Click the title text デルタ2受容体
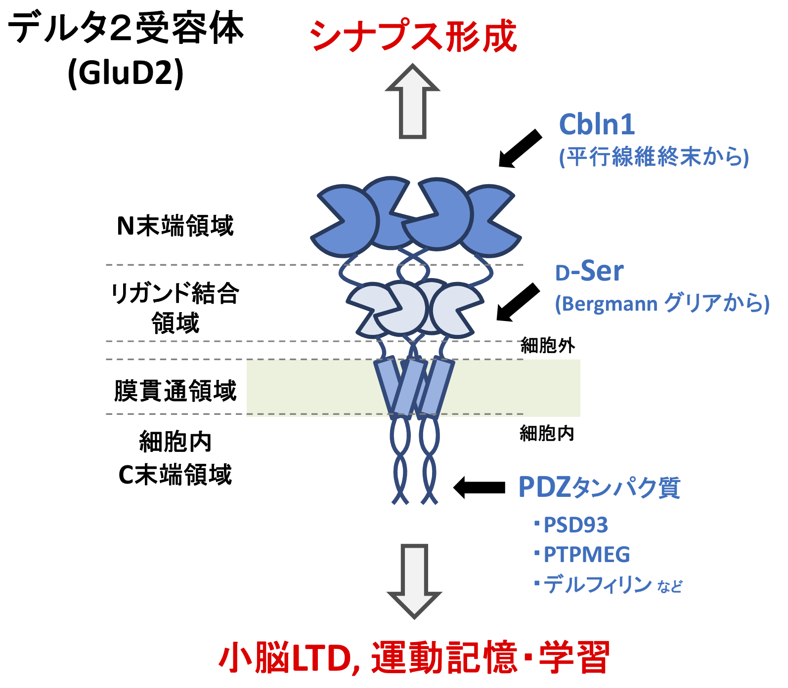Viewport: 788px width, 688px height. [x=126, y=29]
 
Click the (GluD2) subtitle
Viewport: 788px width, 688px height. [x=126, y=73]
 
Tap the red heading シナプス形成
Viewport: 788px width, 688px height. [x=413, y=36]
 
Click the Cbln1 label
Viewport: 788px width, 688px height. [x=597, y=124]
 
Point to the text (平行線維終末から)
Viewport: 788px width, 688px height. [x=654, y=157]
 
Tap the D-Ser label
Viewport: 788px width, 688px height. [x=589, y=271]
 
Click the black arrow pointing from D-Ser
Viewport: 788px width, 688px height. [x=518, y=302]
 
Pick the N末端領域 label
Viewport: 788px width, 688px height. [x=175, y=226]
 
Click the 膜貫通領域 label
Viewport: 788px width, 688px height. [x=175, y=391]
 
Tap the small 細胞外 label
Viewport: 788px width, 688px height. [x=548, y=345]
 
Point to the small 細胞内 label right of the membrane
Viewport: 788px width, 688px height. [x=547, y=434]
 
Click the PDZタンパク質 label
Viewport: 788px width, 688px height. [x=599, y=487]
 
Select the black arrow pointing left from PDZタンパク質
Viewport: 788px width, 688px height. [x=479, y=488]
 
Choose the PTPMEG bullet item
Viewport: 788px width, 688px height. [x=586, y=555]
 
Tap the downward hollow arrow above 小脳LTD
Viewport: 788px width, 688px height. [x=414, y=581]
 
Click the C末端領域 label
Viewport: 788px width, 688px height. [x=175, y=475]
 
